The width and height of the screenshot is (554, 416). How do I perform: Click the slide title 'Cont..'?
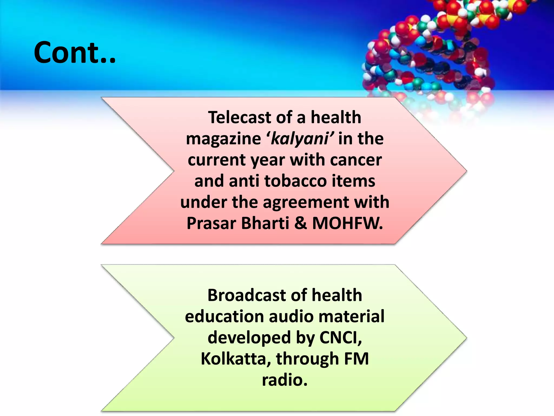75,53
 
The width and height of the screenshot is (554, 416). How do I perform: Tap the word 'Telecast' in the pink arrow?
239,118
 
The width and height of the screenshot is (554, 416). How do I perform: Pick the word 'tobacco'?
295,181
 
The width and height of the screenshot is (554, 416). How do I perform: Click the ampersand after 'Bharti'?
301,223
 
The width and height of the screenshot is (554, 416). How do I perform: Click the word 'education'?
224,316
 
